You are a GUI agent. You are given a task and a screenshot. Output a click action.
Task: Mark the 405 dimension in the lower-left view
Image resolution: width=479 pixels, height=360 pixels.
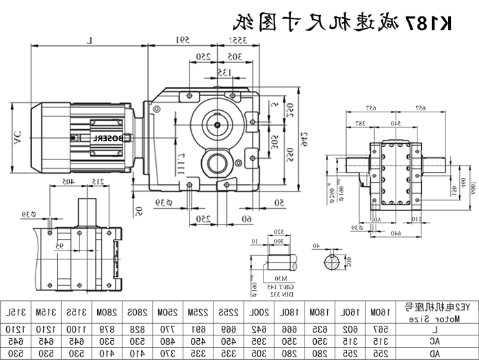66,181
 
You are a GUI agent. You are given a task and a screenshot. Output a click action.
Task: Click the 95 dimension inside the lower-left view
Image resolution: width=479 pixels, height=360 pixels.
80,225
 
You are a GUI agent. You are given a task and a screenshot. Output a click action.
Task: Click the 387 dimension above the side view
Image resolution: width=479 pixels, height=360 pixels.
359,123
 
